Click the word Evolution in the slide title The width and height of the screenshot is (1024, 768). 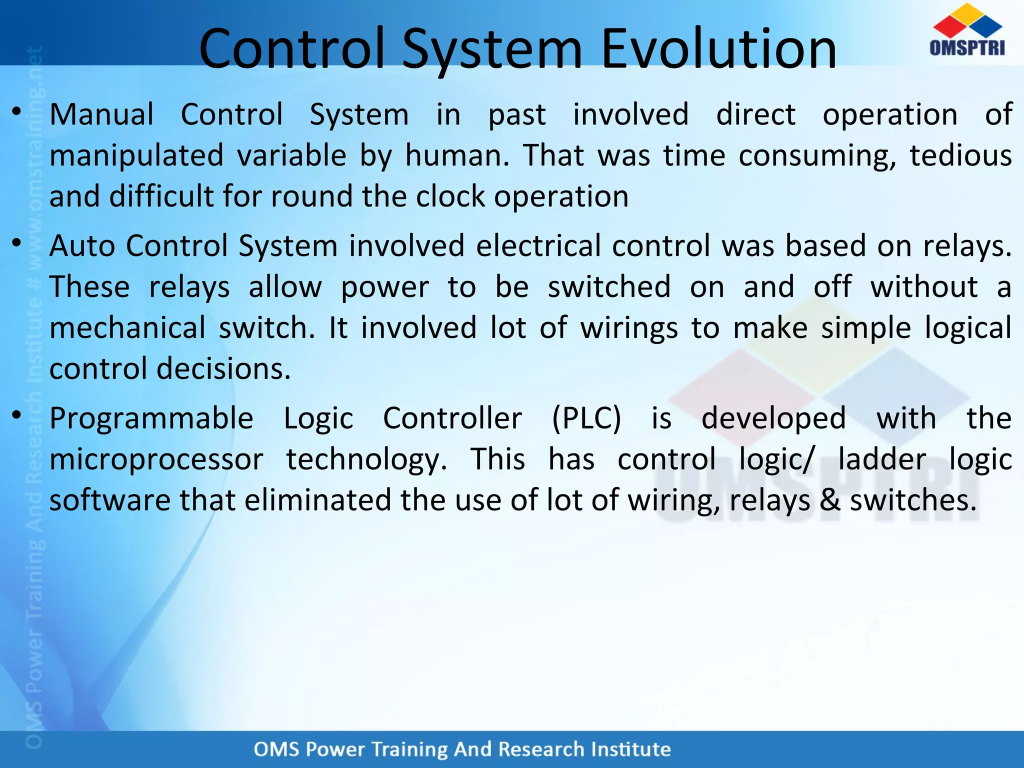click(718, 49)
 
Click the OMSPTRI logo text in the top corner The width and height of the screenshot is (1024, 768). click(967, 48)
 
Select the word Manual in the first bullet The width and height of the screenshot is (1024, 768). click(101, 114)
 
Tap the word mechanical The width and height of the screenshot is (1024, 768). click(127, 328)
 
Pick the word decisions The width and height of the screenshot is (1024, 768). click(223, 369)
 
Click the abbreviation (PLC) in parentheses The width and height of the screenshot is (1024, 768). click(586, 418)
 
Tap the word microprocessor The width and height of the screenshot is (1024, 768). click(156, 459)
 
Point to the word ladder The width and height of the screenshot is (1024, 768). click(882, 459)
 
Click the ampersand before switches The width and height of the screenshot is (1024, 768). click(830, 500)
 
